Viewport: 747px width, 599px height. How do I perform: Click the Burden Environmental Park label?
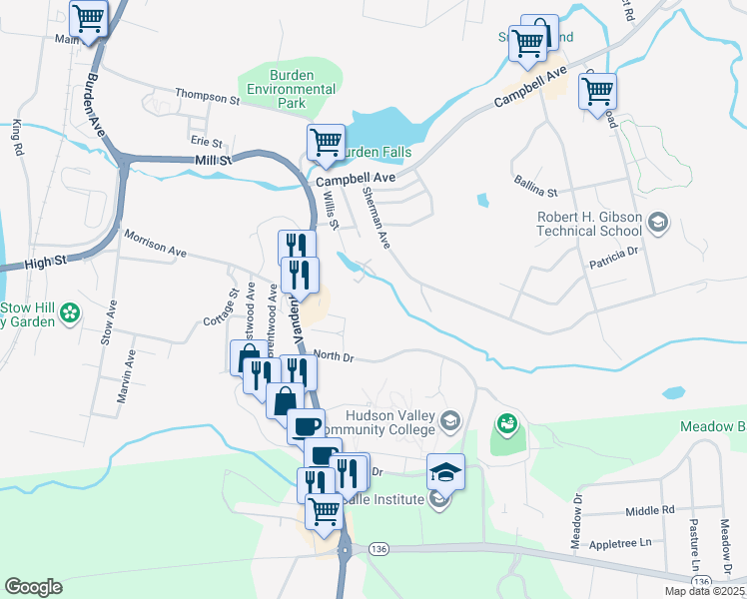pyautogui.click(x=290, y=89)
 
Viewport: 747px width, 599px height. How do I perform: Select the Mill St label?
pyautogui.click(x=212, y=159)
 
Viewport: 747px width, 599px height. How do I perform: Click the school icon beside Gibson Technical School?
pyautogui.click(x=658, y=221)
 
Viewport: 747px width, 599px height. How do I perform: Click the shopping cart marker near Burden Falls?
pyautogui.click(x=326, y=144)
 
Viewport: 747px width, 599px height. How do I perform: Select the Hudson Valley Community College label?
pyautogui.click(x=389, y=422)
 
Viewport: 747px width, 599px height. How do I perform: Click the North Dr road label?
pyautogui.click(x=334, y=355)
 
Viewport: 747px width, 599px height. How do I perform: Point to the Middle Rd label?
pyautogui.click(x=650, y=510)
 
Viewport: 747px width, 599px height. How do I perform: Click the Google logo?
pyautogui.click(x=33, y=587)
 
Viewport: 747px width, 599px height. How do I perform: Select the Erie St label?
pyautogui.click(x=207, y=142)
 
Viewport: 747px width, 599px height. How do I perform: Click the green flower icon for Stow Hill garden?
pyautogui.click(x=70, y=313)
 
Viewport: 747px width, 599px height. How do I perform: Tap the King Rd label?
pyautogui.click(x=17, y=138)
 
